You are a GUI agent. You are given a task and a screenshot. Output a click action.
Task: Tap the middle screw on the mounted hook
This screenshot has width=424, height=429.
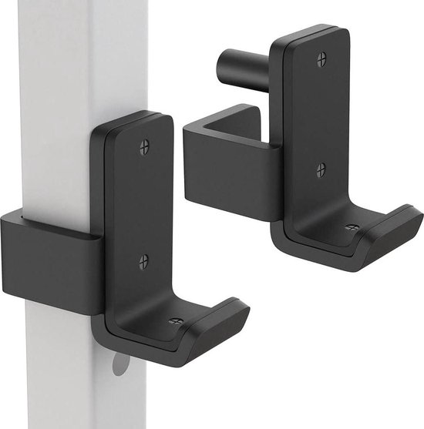[x=143, y=262]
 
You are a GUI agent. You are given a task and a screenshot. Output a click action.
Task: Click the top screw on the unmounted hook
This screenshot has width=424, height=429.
[x=321, y=59]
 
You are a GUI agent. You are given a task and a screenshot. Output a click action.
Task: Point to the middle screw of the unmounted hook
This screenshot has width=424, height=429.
[x=321, y=169]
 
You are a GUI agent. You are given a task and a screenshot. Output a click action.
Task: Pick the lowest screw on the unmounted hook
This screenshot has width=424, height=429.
[x=351, y=229]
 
